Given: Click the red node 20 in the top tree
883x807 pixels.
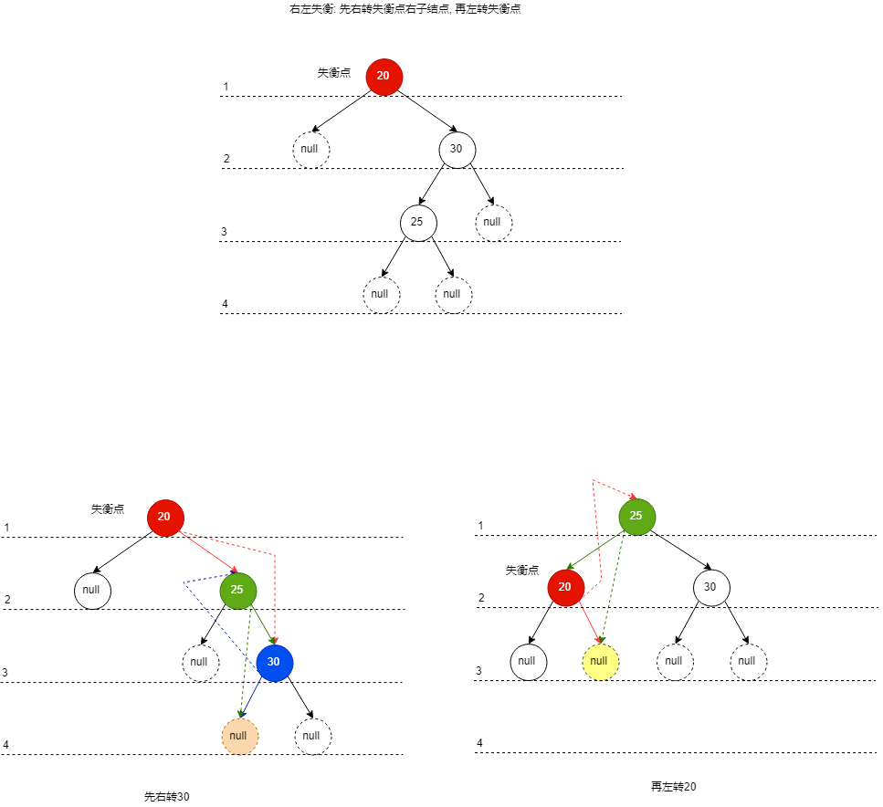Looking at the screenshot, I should (384, 76).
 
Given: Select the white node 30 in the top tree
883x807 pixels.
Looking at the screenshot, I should (457, 150).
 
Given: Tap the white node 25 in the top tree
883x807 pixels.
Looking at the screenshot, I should (418, 222).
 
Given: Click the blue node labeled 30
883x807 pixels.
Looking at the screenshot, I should (274, 663).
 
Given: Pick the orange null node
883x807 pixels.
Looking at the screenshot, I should (239, 736).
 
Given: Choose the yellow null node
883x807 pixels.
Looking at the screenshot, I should (600, 662).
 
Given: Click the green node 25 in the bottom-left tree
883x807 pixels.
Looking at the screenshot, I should (237, 590).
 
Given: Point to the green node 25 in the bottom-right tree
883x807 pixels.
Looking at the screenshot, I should (636, 517).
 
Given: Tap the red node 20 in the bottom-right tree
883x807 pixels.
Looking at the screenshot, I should (565, 587).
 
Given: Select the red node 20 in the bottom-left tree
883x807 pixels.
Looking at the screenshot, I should (164, 517).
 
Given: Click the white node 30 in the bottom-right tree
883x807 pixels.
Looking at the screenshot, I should (710, 587).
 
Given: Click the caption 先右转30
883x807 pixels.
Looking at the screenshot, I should (167, 797).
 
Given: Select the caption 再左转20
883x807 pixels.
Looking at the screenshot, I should (674, 787).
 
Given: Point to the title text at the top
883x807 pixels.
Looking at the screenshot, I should (405, 9).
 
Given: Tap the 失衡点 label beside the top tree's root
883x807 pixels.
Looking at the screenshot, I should (333, 73).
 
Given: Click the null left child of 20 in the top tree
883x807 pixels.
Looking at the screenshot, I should (310, 150).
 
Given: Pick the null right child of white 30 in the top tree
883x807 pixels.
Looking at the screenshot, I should (493, 222).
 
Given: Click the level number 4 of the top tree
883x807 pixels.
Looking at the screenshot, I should (225, 304).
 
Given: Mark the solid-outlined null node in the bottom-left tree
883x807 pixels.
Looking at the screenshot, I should (92, 590).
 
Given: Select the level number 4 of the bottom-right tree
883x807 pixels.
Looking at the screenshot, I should (479, 743).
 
